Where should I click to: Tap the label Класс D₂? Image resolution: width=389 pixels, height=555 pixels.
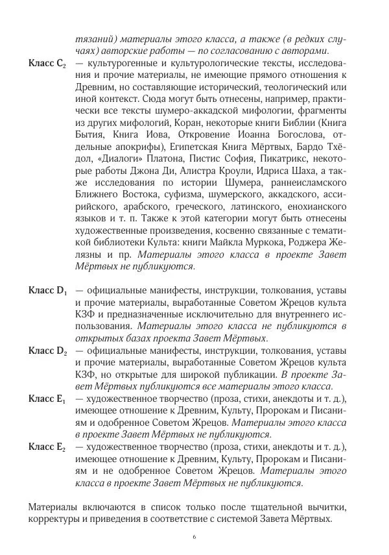(x=47, y=351)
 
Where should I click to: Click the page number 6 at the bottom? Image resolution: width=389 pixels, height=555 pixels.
(x=194, y=537)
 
